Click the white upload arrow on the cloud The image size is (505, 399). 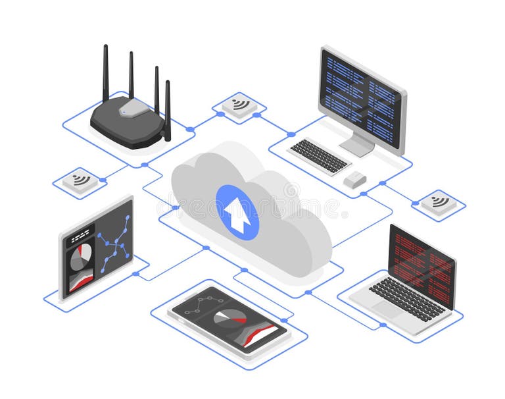tap(237, 212)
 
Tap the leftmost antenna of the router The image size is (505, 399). tap(105, 72)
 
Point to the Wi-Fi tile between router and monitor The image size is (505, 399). tap(239, 105)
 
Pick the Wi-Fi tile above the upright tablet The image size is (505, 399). tap(80, 180)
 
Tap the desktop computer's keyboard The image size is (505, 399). tap(320, 155)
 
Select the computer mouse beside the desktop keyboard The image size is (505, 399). tap(355, 179)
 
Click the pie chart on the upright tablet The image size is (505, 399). tap(82, 256)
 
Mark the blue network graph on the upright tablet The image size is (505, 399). tap(114, 242)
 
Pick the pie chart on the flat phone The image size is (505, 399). tap(230, 318)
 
